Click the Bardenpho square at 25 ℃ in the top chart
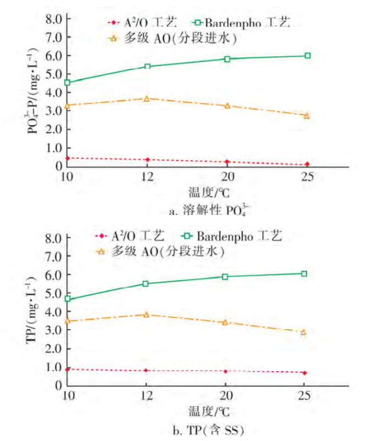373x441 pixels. (x=308, y=56)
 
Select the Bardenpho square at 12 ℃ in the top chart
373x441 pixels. (x=147, y=67)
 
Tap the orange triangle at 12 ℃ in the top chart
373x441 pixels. (x=147, y=99)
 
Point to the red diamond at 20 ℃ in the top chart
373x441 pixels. (x=227, y=162)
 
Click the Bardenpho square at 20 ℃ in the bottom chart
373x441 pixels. (x=225, y=276)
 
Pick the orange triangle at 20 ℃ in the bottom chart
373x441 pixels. (x=225, y=322)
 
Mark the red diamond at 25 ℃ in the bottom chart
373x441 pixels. (x=304, y=373)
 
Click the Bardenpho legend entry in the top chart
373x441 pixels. (x=239, y=23)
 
